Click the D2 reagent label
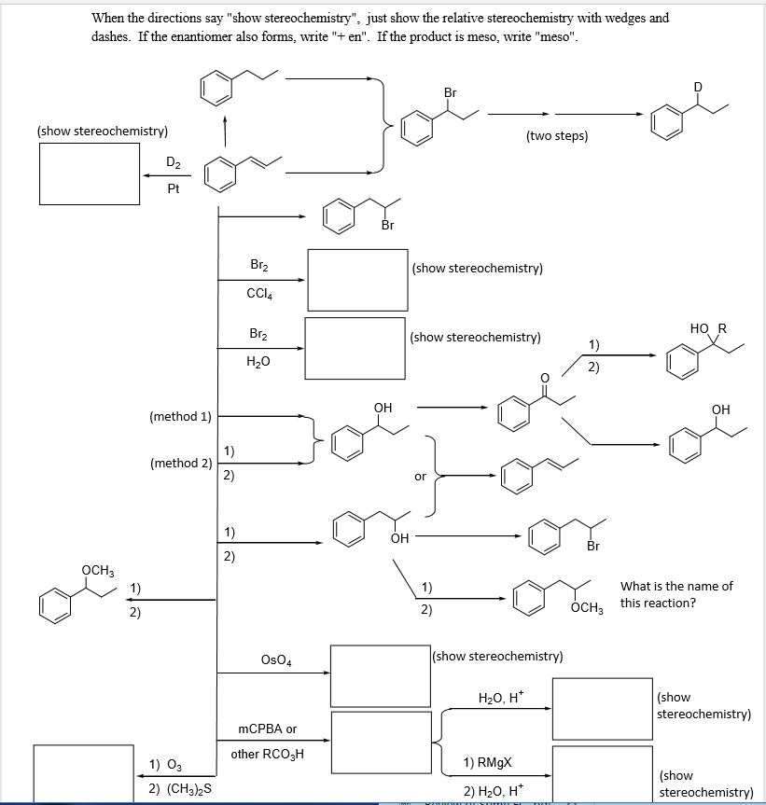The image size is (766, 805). click(x=174, y=162)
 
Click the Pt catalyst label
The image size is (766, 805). click(x=174, y=188)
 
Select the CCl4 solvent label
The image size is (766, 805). click(x=259, y=294)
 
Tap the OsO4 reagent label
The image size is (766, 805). click(x=276, y=659)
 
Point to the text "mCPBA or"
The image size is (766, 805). click(x=268, y=729)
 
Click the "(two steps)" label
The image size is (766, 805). click(x=557, y=136)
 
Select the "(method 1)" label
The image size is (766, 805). click(x=181, y=416)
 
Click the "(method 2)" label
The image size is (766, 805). click(x=181, y=463)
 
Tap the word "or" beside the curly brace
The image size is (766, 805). click(x=420, y=477)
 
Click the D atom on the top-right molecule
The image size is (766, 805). click(x=698, y=87)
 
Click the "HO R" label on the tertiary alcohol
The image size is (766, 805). click(x=708, y=328)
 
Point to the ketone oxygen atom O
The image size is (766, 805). click(x=545, y=378)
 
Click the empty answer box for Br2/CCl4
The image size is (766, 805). click(x=358, y=281)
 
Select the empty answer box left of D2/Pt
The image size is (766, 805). click(x=90, y=173)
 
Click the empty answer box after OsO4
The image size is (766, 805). click(x=381, y=676)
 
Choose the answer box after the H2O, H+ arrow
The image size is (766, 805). click(x=602, y=709)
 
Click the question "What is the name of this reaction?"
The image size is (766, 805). click(x=676, y=594)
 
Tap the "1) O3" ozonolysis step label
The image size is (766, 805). click(x=165, y=766)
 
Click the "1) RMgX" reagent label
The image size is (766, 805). click(x=487, y=762)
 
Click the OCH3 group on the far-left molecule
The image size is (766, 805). click(x=98, y=570)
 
